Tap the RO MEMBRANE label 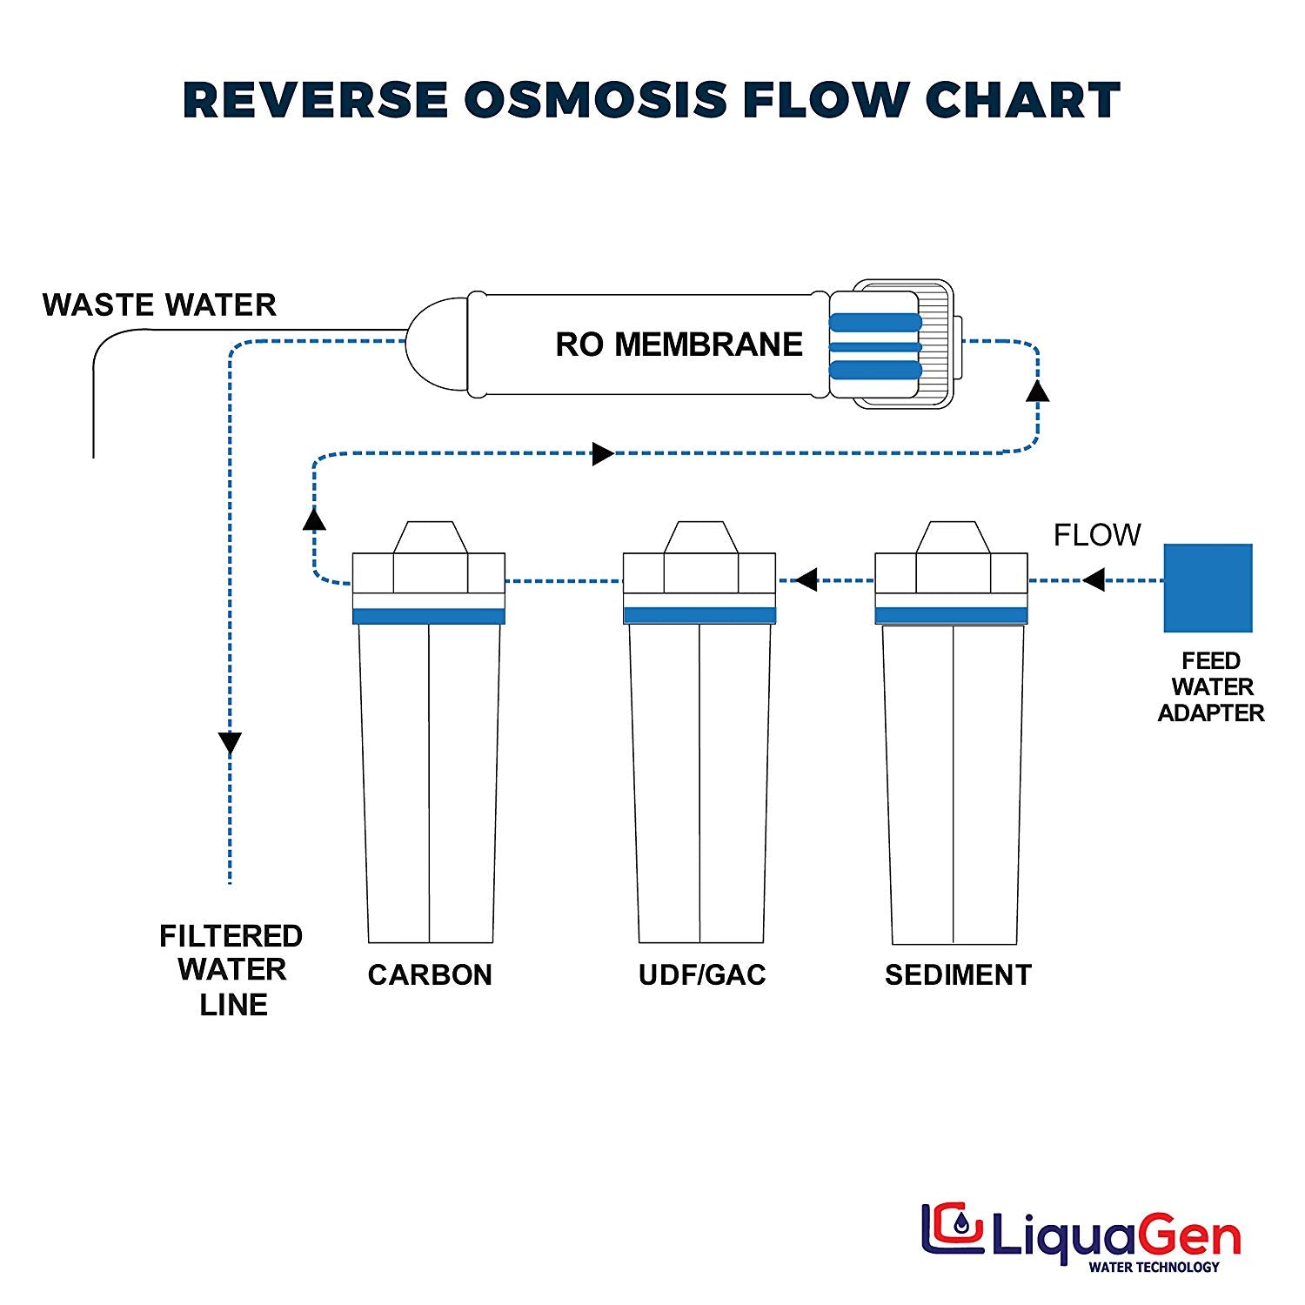(679, 345)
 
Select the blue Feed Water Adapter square (1208, 588)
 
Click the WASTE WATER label (159, 305)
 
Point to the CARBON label (430, 974)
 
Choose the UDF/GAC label (702, 974)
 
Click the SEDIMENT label (958, 974)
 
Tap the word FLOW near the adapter (1097, 534)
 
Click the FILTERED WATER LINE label (231, 970)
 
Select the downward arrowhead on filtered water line (230, 743)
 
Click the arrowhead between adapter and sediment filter (1094, 579)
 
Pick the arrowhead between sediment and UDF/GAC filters (806, 579)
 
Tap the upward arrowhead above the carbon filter (314, 519)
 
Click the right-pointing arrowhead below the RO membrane (603, 453)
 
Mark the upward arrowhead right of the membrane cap (1037, 391)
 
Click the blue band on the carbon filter (429, 616)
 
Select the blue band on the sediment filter (951, 616)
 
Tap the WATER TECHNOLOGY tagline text (1154, 1267)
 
